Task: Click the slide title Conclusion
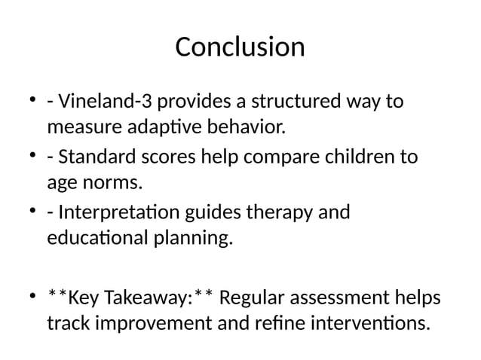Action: pyautogui.click(x=240, y=47)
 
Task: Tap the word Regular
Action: pyautogui.click(x=259, y=299)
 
